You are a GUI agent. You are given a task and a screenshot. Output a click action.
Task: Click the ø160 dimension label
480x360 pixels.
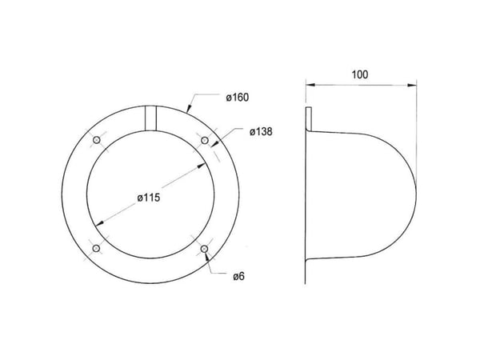pos(238,98)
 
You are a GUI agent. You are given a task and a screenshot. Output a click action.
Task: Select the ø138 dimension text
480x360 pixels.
pos(261,132)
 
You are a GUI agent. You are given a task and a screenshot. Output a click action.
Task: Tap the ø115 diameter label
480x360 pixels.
pos(149,198)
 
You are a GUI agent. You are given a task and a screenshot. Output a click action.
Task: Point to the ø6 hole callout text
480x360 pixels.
pos(238,277)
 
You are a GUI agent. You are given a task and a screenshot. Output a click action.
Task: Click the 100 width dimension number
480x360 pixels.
pos(360,74)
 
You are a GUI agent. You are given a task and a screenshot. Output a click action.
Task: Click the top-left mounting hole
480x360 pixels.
pos(97,140)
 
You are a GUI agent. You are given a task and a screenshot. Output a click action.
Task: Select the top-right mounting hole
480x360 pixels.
pos(205,141)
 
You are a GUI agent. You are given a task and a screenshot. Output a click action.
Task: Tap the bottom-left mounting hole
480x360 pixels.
pos(97,248)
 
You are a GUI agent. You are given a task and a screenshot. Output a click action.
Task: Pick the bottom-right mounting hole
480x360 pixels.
pos(204,249)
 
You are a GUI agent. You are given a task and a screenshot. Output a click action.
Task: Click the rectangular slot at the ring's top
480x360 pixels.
pos(150,118)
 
